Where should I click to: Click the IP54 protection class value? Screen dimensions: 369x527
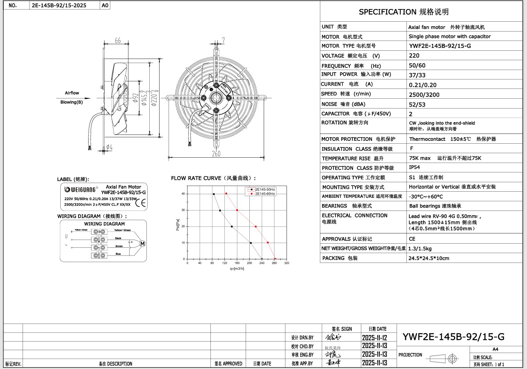click(x=414, y=168)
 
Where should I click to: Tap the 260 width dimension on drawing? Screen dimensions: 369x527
click(x=216, y=154)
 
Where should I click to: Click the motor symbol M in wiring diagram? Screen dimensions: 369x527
click(x=143, y=244)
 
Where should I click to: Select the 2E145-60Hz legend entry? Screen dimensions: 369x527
click(x=265, y=193)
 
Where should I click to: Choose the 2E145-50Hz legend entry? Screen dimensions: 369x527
click(x=265, y=190)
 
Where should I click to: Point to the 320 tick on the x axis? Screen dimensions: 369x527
click(x=286, y=263)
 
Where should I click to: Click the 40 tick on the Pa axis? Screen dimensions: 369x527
click(x=183, y=194)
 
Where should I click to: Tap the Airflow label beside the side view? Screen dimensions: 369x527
click(x=72, y=93)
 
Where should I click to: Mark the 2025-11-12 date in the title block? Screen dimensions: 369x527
click(x=374, y=338)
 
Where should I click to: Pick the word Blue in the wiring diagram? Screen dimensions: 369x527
click(x=118, y=254)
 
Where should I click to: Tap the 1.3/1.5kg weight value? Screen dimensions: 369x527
click(x=420, y=249)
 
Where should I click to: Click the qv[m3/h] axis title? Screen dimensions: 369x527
click(x=237, y=269)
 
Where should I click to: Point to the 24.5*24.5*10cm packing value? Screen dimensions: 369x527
click(x=429, y=258)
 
